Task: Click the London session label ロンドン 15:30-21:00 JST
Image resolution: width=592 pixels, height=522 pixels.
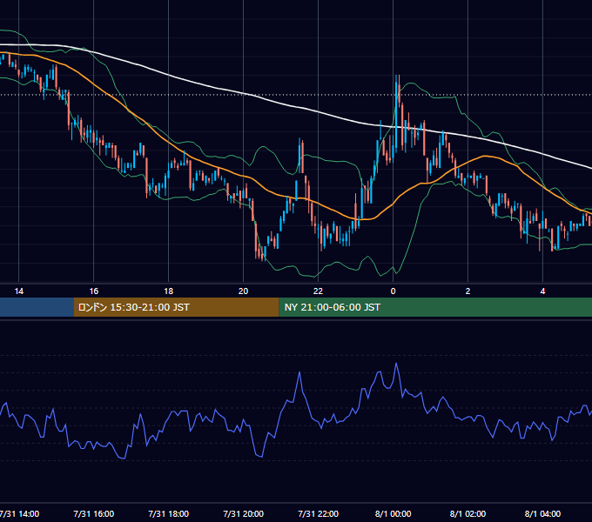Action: [x=134, y=307]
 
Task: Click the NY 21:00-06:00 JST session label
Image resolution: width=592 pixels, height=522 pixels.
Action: [x=333, y=307]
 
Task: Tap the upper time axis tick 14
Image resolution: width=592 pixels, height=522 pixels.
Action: [x=19, y=291]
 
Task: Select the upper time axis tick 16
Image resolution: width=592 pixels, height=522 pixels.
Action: [x=94, y=291]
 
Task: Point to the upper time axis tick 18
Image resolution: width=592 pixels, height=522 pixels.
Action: [x=168, y=291]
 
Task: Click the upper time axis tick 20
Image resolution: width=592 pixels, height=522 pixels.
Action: [x=243, y=291]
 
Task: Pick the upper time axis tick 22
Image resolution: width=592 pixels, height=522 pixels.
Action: [x=318, y=291]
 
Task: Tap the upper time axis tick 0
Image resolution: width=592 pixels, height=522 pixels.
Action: [x=393, y=291]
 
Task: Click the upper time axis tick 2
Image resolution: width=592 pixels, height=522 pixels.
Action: [x=468, y=291]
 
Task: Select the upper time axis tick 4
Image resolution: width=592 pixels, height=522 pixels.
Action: [x=542, y=291]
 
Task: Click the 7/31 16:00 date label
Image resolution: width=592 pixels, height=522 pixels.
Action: [x=94, y=513]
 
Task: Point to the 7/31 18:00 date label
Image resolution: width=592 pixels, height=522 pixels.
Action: [x=168, y=513]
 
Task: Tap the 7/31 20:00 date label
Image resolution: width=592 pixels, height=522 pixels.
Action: [x=243, y=513]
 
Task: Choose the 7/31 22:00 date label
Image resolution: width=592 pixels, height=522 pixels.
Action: [x=318, y=513]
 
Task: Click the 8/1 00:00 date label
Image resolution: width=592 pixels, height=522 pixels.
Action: [x=393, y=513]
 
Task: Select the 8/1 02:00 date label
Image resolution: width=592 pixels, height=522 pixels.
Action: [x=468, y=513]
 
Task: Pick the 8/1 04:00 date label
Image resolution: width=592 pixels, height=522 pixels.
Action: [x=542, y=513]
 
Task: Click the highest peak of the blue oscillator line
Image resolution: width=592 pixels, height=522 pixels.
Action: [x=396, y=363]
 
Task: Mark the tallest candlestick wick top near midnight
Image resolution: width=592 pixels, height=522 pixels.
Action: [x=397, y=75]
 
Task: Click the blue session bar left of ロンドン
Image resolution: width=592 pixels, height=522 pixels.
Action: [x=37, y=307]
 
